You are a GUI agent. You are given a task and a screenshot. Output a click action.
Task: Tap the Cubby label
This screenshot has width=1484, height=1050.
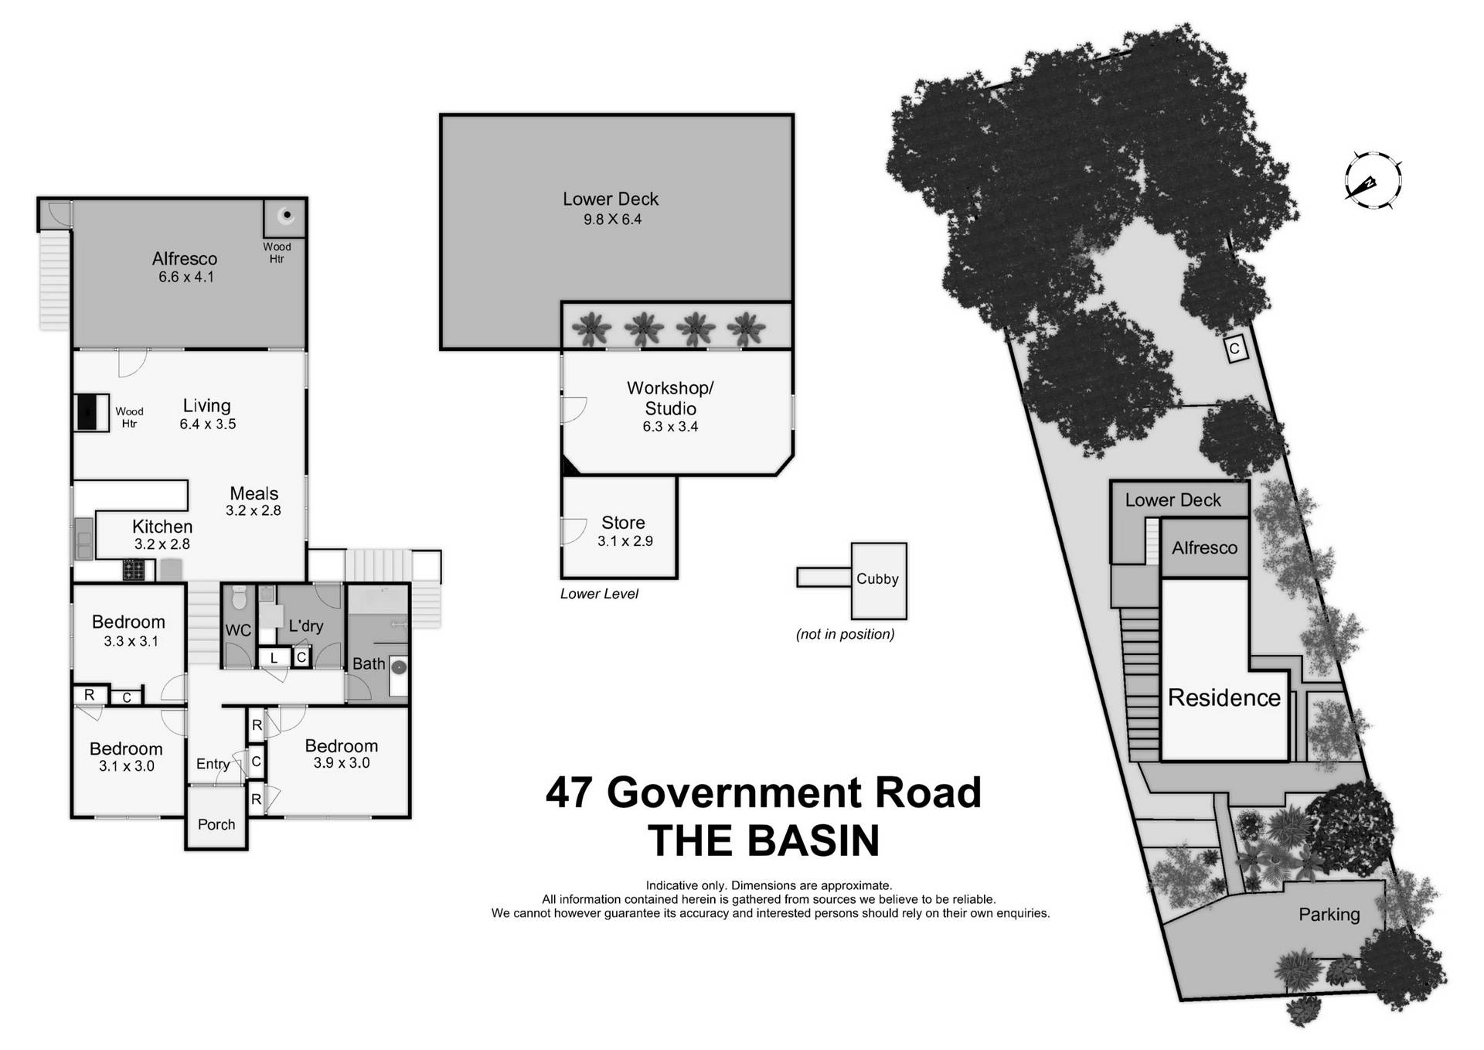click(877, 579)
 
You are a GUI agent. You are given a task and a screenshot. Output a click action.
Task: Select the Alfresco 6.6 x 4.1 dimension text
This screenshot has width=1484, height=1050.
click(185, 277)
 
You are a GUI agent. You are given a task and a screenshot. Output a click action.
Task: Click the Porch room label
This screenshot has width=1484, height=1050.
click(216, 824)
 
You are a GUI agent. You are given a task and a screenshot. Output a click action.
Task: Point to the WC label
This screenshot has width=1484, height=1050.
click(238, 630)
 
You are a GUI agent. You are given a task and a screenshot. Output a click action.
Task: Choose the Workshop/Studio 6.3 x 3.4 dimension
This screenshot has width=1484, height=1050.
click(670, 426)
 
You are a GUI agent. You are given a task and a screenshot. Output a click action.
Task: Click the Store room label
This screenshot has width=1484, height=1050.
click(623, 523)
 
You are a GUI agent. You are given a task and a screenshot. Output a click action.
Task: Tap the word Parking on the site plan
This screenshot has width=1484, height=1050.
click(1329, 915)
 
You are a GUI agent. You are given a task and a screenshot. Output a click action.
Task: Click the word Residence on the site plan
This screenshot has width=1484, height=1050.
click(1224, 697)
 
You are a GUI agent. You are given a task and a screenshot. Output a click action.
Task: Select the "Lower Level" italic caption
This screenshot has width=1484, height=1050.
click(599, 594)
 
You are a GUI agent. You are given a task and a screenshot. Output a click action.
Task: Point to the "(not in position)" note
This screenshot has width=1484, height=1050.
click(845, 634)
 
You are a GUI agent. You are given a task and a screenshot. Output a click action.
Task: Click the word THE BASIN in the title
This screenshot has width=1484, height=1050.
click(764, 841)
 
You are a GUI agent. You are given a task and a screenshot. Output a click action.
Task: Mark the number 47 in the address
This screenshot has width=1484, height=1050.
click(570, 793)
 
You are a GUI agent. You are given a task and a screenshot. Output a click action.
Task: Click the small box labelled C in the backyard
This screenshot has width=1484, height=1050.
click(1234, 349)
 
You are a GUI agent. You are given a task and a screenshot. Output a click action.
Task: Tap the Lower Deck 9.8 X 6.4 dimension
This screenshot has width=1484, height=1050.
click(612, 220)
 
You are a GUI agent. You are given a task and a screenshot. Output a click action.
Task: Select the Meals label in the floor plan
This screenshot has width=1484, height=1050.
click(254, 493)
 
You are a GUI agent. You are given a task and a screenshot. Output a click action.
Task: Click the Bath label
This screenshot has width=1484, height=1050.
click(369, 663)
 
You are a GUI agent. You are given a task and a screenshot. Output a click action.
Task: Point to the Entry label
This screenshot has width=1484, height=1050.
click(213, 764)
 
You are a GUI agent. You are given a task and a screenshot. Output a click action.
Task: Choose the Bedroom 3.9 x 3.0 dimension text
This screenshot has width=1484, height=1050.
click(341, 763)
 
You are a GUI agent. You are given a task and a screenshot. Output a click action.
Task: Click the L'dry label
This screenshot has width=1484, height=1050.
click(305, 626)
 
